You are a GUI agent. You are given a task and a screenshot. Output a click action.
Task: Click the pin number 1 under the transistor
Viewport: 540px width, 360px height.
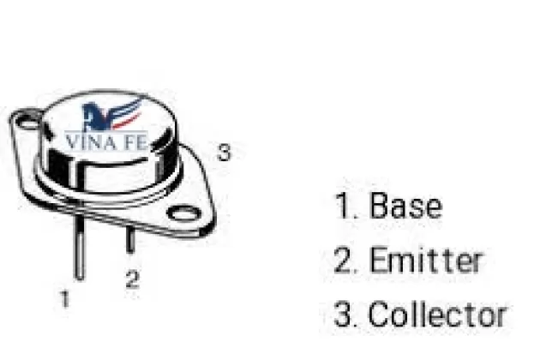coord(64,299)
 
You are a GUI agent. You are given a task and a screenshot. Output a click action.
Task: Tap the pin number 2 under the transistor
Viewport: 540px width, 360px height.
coord(132,279)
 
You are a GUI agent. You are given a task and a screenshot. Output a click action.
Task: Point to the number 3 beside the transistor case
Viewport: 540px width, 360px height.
coord(224,153)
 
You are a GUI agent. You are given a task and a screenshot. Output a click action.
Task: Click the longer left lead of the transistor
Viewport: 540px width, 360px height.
coord(79,248)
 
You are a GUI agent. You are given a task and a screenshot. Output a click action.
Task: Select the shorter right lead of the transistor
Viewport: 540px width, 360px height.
coord(130,241)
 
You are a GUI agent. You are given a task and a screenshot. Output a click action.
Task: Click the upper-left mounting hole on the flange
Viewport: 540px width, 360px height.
coord(29,122)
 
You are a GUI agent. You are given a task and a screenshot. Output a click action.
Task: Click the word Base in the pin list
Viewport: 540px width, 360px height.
coord(405,207)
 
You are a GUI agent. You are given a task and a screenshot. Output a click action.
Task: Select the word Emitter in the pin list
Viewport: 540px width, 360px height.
coord(426,261)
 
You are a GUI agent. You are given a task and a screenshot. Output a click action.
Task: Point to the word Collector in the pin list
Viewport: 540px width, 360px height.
coord(437,315)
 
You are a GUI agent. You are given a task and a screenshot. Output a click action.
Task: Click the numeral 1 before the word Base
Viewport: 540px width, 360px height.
coord(341,207)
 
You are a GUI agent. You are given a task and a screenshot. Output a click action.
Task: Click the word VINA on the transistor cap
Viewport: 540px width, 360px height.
coord(90,140)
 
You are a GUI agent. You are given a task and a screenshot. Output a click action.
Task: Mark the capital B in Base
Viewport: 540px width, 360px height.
coord(379,207)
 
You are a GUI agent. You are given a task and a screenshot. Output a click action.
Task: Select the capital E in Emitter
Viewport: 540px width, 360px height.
coord(378,261)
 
